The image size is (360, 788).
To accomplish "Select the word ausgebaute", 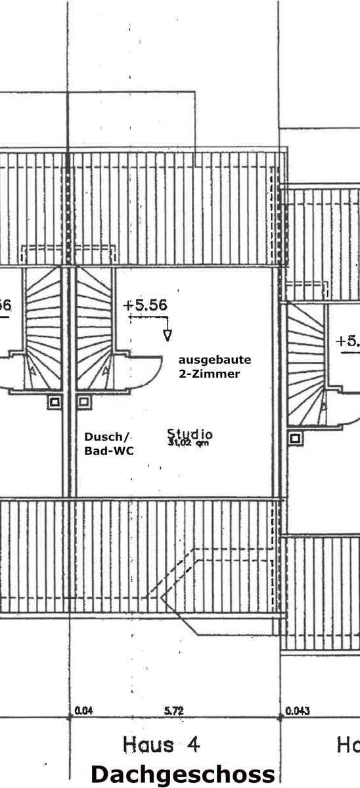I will (x=215, y=360).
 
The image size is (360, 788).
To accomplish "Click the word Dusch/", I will (x=108, y=437).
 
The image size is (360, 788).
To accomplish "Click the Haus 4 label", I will (x=160, y=745).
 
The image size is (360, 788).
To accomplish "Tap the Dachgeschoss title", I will (x=183, y=774).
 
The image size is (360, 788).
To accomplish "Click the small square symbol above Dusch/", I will (x=83, y=401).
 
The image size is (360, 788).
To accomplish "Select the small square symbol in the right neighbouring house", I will (x=296, y=437).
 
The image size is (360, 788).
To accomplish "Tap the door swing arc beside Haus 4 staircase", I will (x=146, y=371).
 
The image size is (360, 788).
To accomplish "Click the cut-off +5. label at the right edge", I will (x=348, y=341).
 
